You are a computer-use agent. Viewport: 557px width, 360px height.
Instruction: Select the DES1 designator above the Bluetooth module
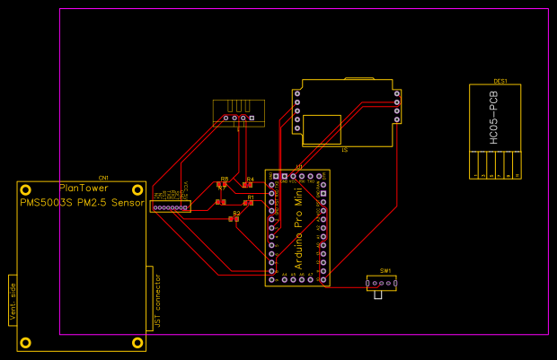tap(500, 82)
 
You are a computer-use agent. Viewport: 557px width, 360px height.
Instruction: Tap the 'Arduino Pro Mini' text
tap(298, 228)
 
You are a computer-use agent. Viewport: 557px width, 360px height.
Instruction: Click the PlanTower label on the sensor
tap(84, 189)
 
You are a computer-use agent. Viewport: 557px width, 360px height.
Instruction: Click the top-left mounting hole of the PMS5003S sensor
tap(26, 189)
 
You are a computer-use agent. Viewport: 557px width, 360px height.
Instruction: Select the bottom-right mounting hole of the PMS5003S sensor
tap(138, 342)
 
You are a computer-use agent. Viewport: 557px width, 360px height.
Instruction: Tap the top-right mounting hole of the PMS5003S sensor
tap(138, 189)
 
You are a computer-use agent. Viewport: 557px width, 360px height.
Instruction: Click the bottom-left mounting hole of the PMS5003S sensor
tap(26, 342)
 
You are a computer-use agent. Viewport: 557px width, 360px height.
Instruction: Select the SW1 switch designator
tap(385, 270)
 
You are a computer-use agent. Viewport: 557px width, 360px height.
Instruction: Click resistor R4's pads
tap(248, 185)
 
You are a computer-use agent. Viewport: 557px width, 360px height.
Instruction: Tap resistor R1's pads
tap(249, 203)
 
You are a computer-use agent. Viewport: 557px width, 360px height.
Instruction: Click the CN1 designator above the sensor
tap(103, 178)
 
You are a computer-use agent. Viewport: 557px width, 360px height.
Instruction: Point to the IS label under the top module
tap(344, 150)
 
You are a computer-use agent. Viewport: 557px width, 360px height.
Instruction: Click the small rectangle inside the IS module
tap(322, 128)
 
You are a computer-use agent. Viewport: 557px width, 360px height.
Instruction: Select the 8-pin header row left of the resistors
tap(171, 207)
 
